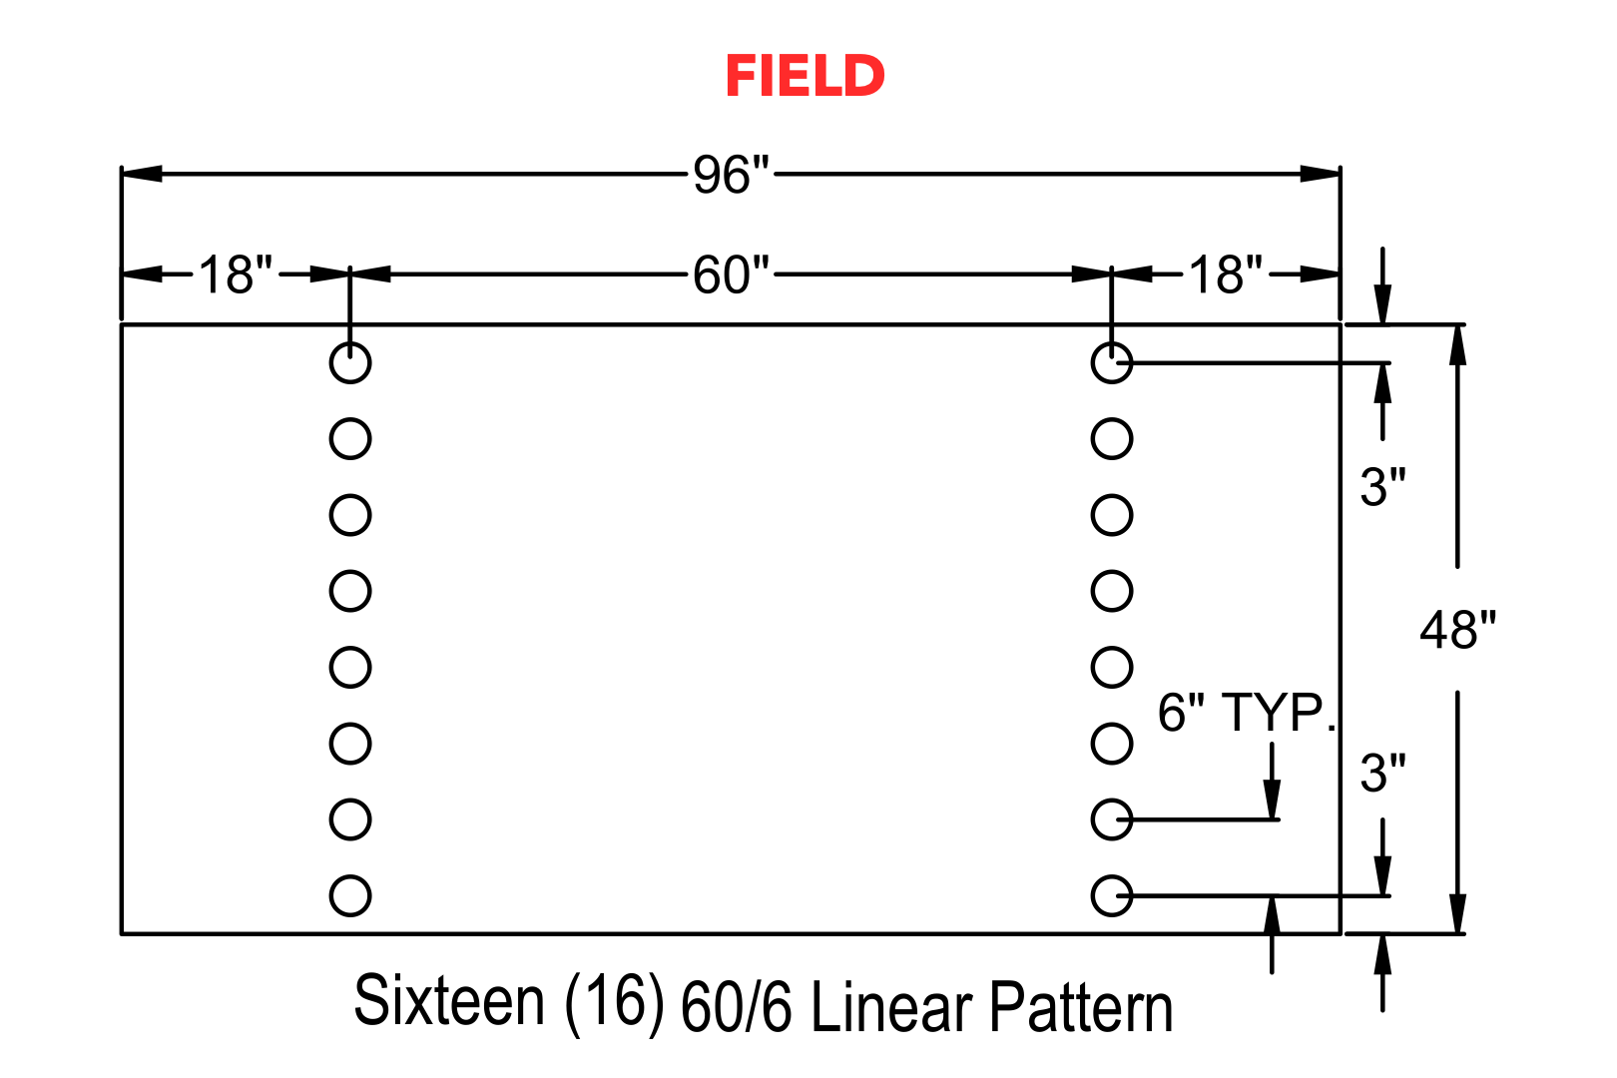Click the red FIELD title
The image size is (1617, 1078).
coord(805,76)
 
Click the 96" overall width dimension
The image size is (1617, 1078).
coord(732,175)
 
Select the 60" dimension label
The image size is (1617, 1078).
coord(732,275)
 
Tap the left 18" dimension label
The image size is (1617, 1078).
coord(236,275)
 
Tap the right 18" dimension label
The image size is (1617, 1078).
coord(1226,275)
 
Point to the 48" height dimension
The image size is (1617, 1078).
coord(1457,630)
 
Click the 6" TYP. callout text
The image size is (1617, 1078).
coord(1247,713)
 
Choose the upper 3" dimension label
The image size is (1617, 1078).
coord(1383,487)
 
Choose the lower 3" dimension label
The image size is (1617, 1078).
coord(1383,774)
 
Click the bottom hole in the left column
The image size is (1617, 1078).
coord(350,875)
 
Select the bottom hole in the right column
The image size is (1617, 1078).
coord(1112,875)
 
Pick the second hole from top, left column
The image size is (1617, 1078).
coord(350,418)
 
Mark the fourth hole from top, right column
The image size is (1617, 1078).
coord(1112,570)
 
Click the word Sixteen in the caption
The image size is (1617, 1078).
coord(449,1000)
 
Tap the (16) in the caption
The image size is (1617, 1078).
coord(614,1003)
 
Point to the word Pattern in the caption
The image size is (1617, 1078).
coord(1080,1006)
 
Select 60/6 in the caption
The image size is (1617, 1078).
coord(735,1006)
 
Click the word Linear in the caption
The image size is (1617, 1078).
coord(891,1006)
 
